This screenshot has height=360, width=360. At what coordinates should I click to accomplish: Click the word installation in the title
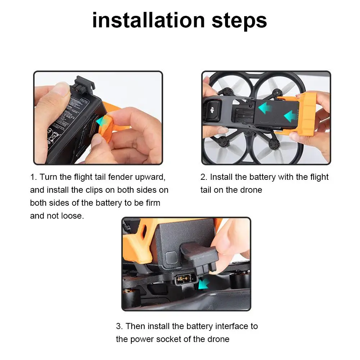[148, 20]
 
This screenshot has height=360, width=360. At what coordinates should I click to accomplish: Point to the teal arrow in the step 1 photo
[101, 121]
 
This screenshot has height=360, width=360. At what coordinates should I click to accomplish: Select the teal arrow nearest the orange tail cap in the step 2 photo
[290, 116]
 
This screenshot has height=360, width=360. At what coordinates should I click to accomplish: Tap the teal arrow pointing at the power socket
[204, 284]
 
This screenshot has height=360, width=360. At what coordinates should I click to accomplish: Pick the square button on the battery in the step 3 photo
[171, 258]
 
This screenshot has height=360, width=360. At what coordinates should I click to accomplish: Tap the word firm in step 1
[153, 203]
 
